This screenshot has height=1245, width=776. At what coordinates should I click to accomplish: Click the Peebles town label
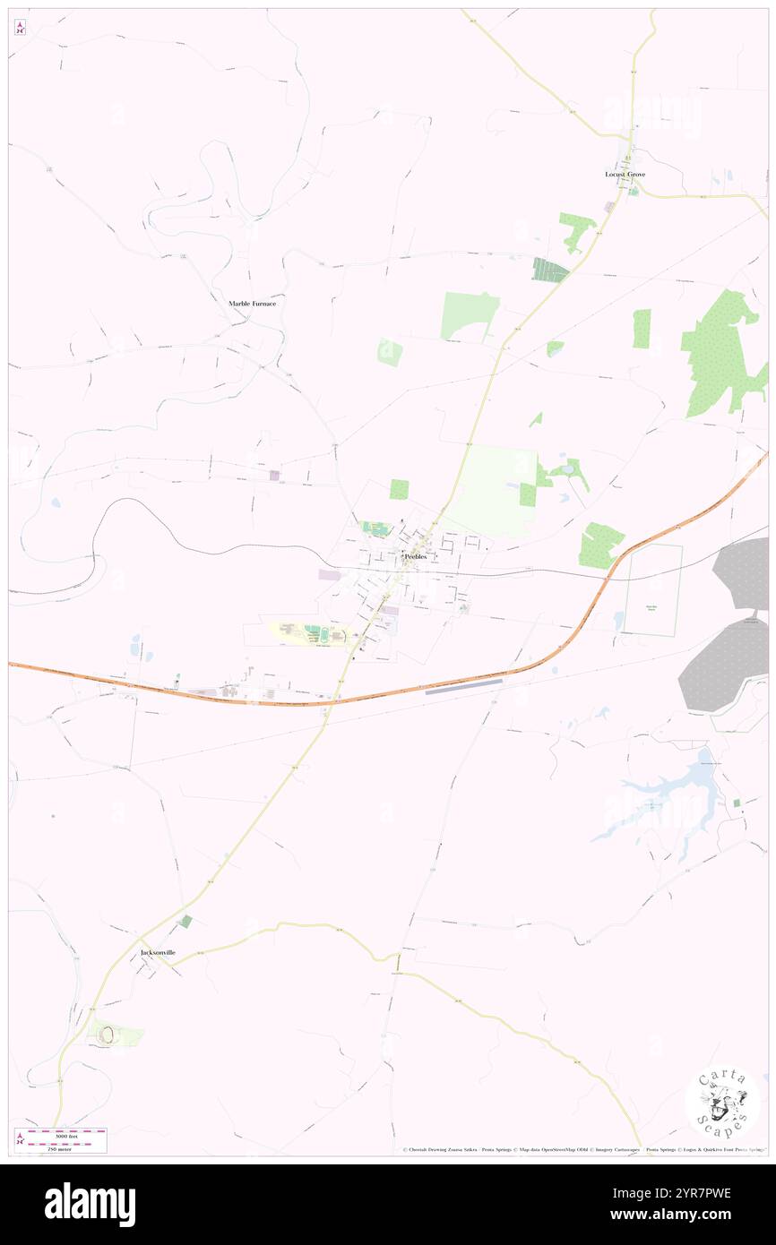click(415, 556)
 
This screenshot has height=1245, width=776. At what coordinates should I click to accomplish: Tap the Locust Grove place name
click(625, 174)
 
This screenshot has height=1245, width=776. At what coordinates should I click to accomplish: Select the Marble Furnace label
click(252, 304)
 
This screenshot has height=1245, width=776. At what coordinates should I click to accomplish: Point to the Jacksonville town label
click(158, 952)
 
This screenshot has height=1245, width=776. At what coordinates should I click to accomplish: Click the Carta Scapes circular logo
click(722, 1101)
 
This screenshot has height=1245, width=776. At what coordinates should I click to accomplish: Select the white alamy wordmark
click(90, 1205)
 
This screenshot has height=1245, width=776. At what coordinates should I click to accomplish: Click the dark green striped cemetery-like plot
click(550, 270)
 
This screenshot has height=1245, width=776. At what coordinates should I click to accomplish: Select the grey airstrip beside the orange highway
click(463, 687)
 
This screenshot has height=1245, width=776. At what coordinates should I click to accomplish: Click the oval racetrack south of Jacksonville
click(107, 1035)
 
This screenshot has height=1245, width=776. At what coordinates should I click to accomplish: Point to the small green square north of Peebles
click(399, 489)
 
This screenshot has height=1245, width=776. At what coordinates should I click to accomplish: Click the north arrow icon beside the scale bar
click(21, 1139)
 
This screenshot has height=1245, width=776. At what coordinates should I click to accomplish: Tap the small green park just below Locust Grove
click(634, 191)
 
